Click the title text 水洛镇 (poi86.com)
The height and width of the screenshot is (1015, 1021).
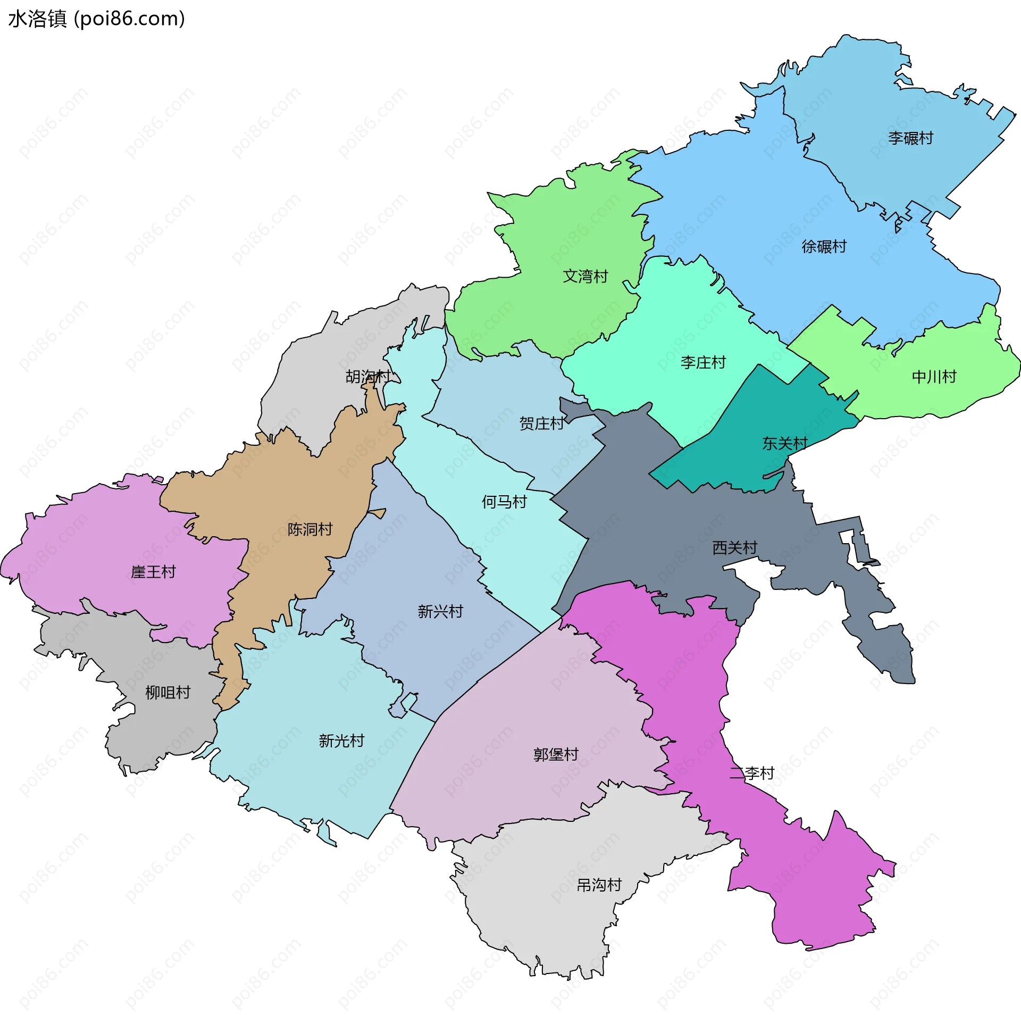[x=96, y=19]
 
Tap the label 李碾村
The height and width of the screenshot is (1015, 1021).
[x=910, y=138]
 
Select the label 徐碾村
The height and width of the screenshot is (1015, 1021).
[x=824, y=247]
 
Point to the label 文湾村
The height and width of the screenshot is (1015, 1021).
[x=585, y=277]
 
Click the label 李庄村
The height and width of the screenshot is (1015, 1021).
[x=703, y=363]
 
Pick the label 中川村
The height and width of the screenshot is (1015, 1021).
[x=934, y=377]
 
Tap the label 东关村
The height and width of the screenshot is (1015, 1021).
[x=784, y=443]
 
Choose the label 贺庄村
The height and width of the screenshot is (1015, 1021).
[x=541, y=424]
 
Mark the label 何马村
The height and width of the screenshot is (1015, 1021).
[x=504, y=502]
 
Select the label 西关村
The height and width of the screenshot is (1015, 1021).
[x=734, y=548]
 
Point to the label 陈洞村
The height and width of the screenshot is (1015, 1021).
[x=309, y=529]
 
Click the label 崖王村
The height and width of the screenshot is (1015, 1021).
[x=153, y=572]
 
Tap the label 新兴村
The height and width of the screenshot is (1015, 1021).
[x=440, y=612]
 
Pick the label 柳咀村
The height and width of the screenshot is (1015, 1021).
[x=168, y=693]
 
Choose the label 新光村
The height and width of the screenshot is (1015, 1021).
[x=341, y=741]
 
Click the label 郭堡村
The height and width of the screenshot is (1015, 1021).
[x=556, y=755]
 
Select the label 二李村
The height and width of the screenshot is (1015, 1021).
[x=751, y=773]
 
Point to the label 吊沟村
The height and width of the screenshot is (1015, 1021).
[x=599, y=885]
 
